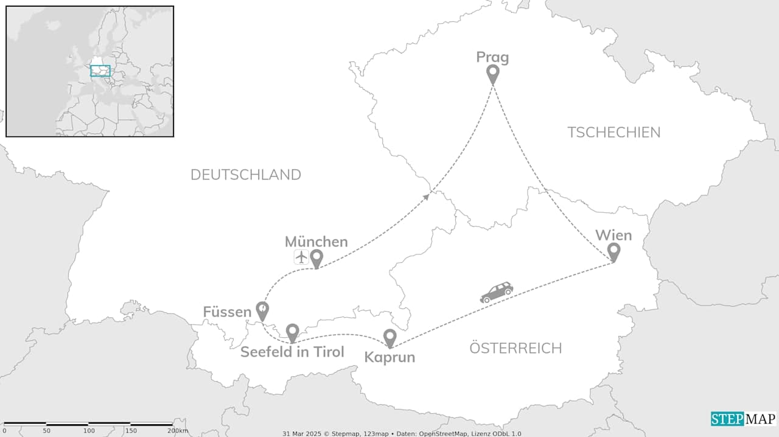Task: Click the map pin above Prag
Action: coord(492,74)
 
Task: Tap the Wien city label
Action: coord(613,235)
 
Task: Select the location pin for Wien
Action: coord(613,251)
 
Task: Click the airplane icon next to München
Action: coord(301,257)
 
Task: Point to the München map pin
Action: coord(316,258)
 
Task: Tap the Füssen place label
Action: coord(227,312)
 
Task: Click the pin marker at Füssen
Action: coord(262,310)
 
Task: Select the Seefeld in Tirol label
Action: coord(292,352)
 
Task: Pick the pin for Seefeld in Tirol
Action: coord(292,332)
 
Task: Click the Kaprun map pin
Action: coord(389,338)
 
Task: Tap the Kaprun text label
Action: coord(389,357)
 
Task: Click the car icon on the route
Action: coord(497,292)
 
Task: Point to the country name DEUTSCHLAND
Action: coord(245,175)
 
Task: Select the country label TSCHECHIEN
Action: coord(613,132)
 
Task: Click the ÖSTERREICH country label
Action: coord(515,348)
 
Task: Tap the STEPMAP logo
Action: coord(743,419)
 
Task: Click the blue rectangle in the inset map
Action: coord(100,71)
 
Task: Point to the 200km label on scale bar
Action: coord(178,431)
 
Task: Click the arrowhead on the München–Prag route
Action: coord(426,196)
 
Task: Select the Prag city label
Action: coord(492,57)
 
